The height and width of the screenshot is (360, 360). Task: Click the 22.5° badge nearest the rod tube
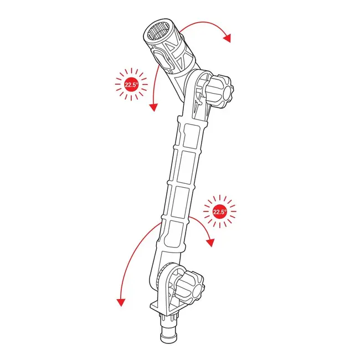pos(131,85)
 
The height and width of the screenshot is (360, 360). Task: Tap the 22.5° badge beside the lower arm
pos(220,212)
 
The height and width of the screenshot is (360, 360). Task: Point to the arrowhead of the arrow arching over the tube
pos(227,38)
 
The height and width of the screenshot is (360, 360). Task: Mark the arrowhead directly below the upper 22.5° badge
pos(152,108)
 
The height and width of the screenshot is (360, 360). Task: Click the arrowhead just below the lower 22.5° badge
pos(211,242)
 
